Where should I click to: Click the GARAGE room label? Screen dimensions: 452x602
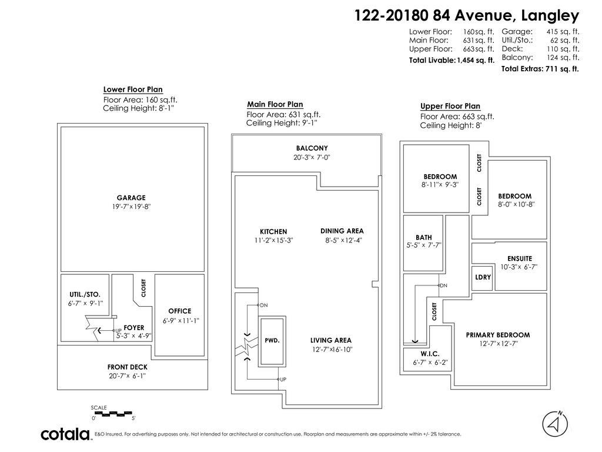(131, 198)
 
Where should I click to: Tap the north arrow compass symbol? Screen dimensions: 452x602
(555, 424)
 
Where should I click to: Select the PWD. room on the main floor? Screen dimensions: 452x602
(272, 340)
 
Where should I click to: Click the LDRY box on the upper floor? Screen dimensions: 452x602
(483, 277)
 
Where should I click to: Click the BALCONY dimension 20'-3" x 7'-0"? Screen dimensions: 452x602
(312, 157)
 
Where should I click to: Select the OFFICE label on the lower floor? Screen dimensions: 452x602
(179, 311)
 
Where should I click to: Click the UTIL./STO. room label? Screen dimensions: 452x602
(85, 294)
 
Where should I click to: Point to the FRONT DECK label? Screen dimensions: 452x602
(128, 367)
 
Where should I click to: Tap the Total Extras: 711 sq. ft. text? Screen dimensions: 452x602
(540, 69)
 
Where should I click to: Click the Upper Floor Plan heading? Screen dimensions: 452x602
(450, 107)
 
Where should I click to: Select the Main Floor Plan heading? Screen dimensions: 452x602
(275, 104)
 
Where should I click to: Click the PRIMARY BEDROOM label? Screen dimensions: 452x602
(497, 335)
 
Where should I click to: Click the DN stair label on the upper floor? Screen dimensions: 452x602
(443, 285)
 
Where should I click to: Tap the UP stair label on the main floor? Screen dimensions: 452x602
(283, 380)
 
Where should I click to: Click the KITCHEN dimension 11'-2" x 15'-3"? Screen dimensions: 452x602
(273, 240)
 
